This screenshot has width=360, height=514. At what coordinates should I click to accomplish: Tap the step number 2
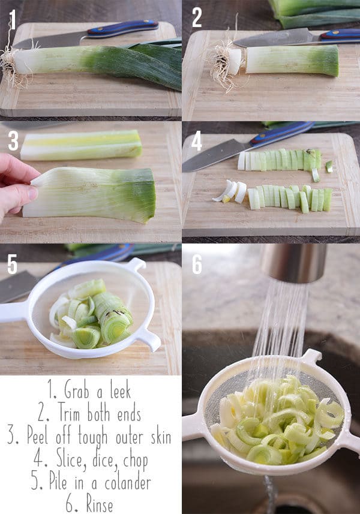[x=196, y=18]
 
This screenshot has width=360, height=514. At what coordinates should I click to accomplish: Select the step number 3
[x=13, y=141]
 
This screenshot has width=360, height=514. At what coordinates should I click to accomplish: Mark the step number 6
[x=197, y=264]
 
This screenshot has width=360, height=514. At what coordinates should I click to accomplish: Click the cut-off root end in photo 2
[x=228, y=64]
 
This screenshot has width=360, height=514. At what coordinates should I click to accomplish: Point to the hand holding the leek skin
[x=15, y=186]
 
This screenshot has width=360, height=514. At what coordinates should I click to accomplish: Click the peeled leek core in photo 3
[x=81, y=145]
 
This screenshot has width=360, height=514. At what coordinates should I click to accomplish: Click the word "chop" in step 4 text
[x=133, y=459]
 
